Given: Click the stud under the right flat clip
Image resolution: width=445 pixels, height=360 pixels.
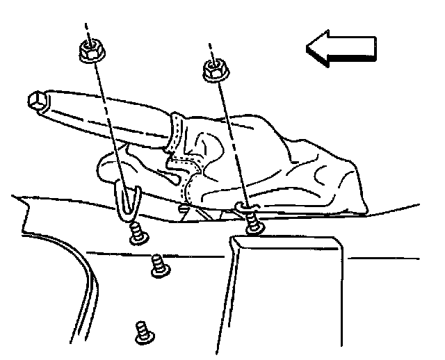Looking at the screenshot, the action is coord(254,224).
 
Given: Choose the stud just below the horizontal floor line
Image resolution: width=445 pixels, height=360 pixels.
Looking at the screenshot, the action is coord(160,265).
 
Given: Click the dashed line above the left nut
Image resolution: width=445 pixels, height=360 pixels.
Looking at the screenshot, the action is coord(87,31).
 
